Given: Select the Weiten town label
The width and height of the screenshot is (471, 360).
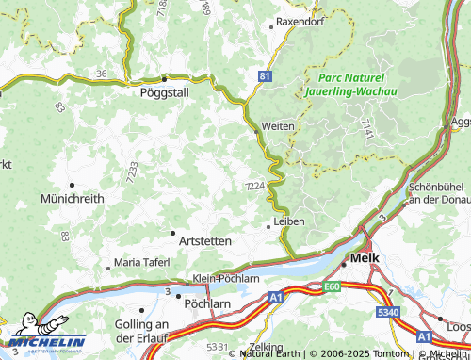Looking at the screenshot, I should [278, 125].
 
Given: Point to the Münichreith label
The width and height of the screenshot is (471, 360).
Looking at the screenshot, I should [71, 200].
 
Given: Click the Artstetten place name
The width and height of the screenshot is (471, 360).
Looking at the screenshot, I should [201, 241].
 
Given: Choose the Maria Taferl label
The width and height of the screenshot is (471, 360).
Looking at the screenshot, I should [141, 261].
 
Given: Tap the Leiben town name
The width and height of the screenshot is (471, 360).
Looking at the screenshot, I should [289, 221].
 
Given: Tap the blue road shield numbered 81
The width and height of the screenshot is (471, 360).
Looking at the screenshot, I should [266, 74].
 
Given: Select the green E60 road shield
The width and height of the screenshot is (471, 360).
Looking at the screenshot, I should [331, 286].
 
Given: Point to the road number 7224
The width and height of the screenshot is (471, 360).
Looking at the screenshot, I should [253, 186].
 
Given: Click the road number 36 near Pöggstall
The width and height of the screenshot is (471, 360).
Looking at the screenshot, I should [101, 73].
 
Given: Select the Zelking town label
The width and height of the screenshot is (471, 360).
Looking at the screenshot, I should [267, 347].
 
